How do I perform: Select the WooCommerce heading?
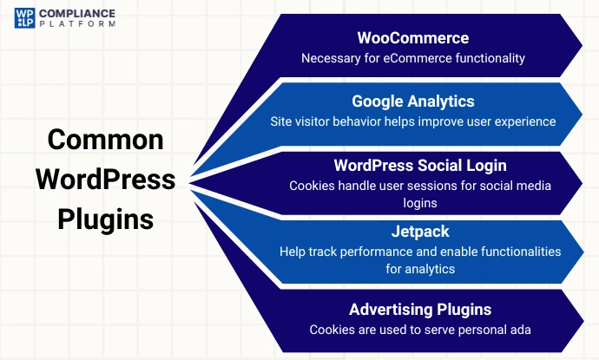[412, 39]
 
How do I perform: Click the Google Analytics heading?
[412, 101]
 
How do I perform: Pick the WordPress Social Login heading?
[420, 165]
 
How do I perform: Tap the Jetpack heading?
[420, 232]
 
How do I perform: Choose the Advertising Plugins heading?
[420, 310]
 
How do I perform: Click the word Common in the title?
[105, 140]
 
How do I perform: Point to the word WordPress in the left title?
[105, 180]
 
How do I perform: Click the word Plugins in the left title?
[105, 219]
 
